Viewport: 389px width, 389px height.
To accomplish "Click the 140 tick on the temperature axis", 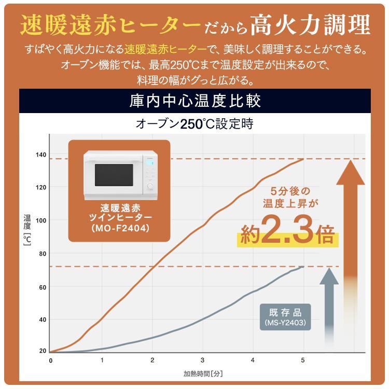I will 41,155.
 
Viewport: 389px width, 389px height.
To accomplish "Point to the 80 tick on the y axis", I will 43,254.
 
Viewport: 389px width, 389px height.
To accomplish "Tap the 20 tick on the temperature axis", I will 43,351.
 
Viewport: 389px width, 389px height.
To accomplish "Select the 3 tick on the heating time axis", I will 202,360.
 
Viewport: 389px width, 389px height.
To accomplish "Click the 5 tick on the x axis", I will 303,360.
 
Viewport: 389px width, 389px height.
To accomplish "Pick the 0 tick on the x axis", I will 50,360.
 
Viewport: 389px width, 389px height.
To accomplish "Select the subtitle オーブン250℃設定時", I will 195,124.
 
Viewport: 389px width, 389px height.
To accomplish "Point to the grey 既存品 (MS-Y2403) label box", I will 285,317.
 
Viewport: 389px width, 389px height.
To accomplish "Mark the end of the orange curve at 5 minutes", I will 303,159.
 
